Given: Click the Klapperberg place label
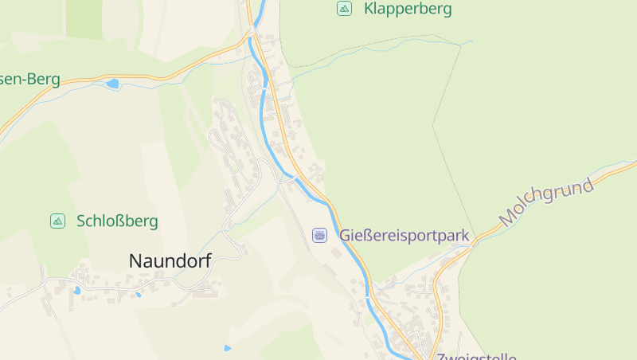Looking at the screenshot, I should point(407,10).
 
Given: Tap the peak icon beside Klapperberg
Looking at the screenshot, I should point(344,9).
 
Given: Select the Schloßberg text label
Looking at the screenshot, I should point(117,221).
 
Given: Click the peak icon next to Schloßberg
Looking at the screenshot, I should point(57,221).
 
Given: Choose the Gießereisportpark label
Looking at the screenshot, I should point(404,236).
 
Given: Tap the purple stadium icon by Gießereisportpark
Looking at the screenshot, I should point(319,235).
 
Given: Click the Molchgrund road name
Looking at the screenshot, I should point(547,202).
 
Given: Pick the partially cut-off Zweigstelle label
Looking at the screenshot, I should point(476,356).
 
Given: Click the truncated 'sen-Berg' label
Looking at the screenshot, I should point(30,79).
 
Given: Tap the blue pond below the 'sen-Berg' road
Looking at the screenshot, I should point(112,84).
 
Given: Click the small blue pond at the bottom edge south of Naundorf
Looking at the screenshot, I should point(228,348).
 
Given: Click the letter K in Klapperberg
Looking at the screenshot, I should point(369,10).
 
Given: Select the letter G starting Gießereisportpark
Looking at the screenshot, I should point(346,236).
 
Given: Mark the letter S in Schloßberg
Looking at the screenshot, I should point(81,221).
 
